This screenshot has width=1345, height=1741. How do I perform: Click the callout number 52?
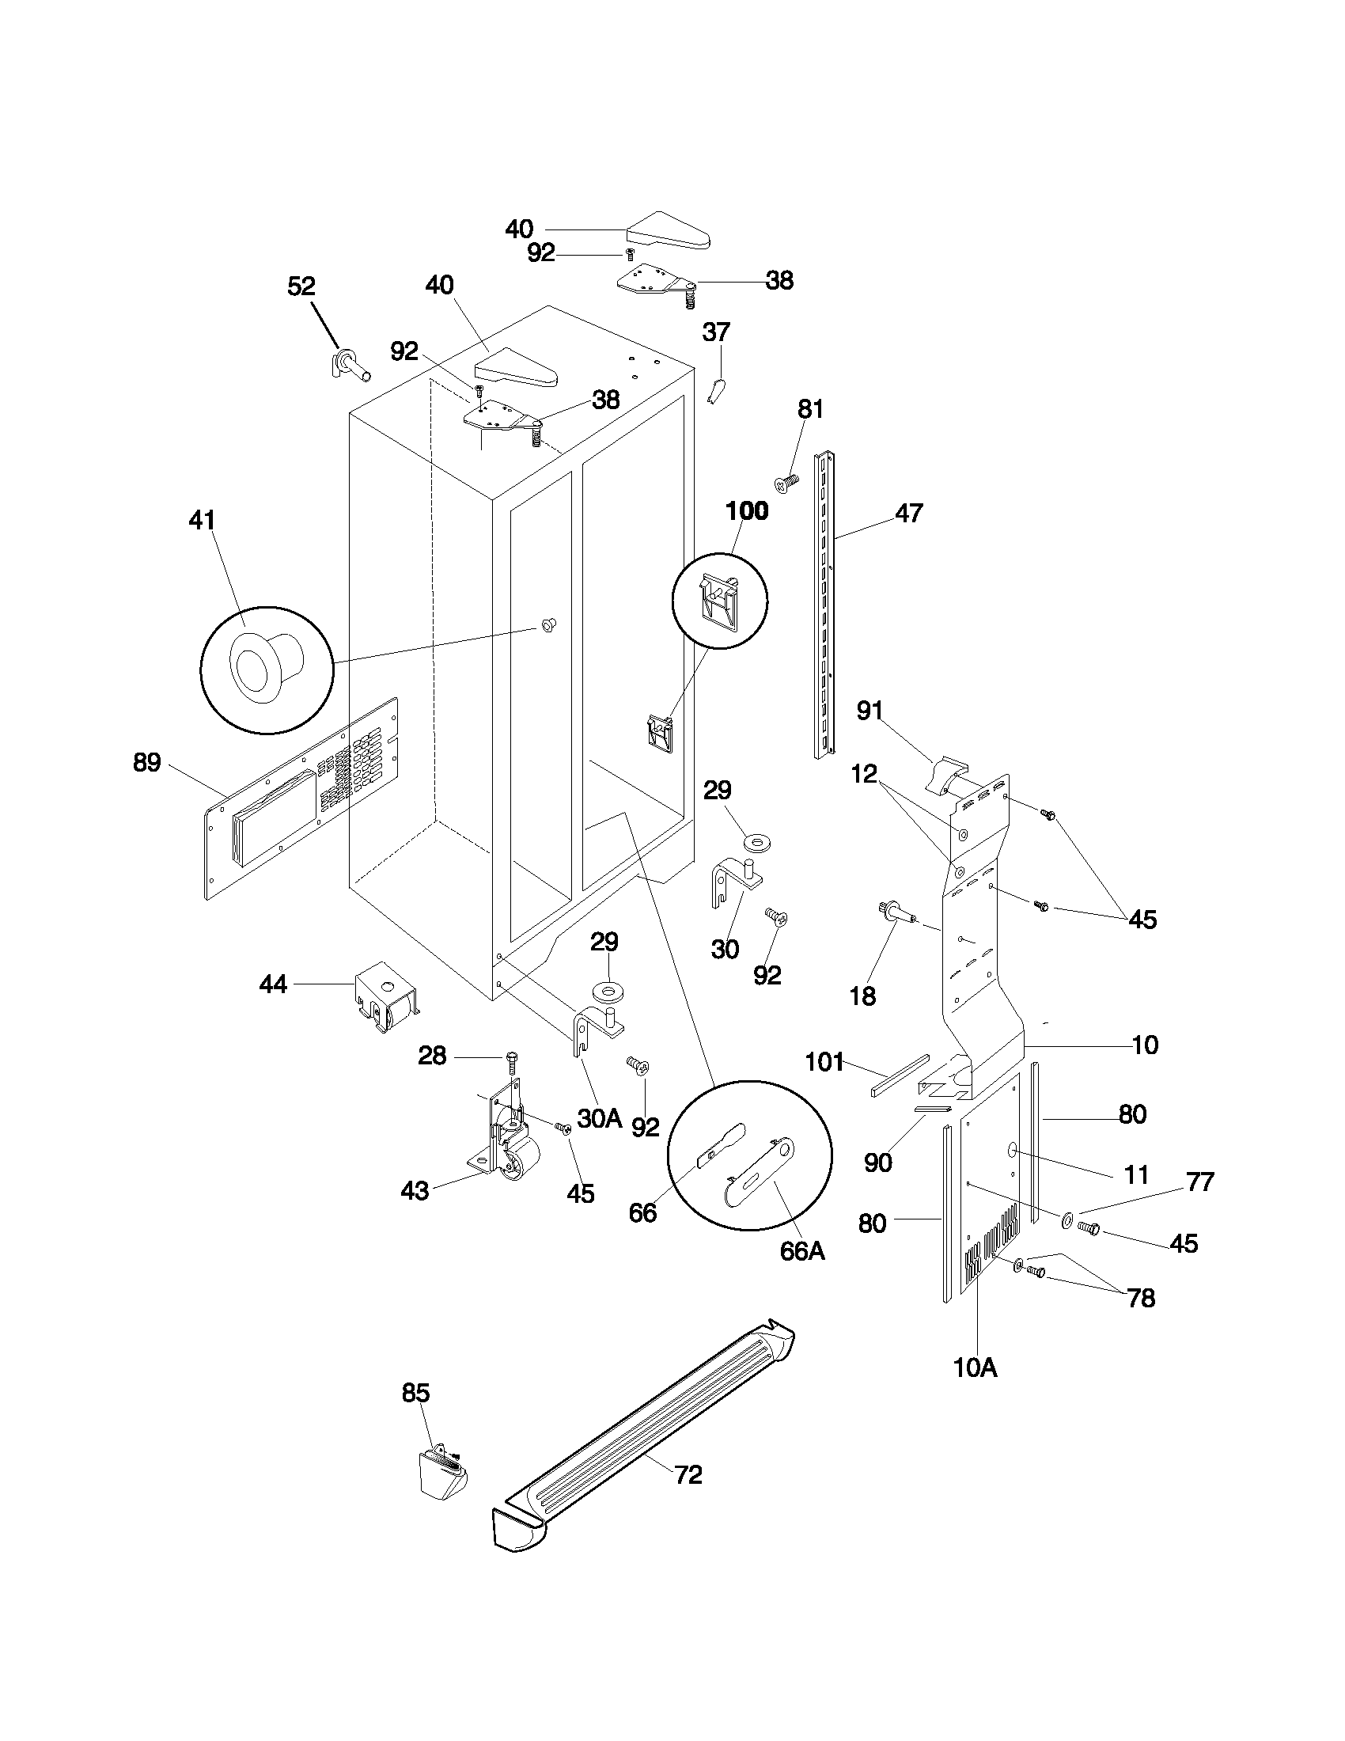coord(301,286)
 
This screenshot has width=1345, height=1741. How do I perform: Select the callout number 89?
coord(146,763)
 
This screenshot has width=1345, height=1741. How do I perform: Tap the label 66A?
coord(802,1250)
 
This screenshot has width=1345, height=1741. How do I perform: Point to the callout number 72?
coord(688,1475)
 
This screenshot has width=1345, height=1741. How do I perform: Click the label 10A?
coord(976,1368)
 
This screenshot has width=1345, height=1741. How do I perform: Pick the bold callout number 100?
coord(747,511)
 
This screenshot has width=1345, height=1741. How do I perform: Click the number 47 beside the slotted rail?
coord(909,513)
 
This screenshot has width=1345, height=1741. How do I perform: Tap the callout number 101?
coord(824,1062)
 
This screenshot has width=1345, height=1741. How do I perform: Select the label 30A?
coord(599,1118)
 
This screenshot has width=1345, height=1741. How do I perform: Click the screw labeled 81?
coord(786,482)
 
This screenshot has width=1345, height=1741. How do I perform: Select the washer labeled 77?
coord(1067,1219)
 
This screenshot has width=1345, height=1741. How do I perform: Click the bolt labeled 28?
coord(512,1063)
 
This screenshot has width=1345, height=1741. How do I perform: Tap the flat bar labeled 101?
coord(900,1075)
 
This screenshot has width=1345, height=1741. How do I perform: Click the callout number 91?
coord(870,710)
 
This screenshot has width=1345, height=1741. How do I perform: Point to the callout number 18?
coord(863,996)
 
